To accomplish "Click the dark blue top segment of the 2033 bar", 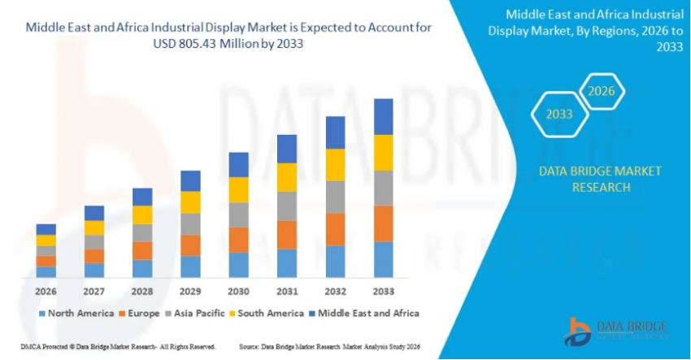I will pos(383,116).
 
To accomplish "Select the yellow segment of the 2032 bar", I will pos(335,165).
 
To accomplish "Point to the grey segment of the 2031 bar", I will pos(287,206).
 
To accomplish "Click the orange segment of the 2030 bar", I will pos(238,240).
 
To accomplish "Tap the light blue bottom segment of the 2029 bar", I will pos(190,267).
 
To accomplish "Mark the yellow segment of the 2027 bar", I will pos(94,228).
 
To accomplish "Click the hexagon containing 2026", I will pos(602,91).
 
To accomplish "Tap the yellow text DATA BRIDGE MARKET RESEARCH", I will pos(589,179).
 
